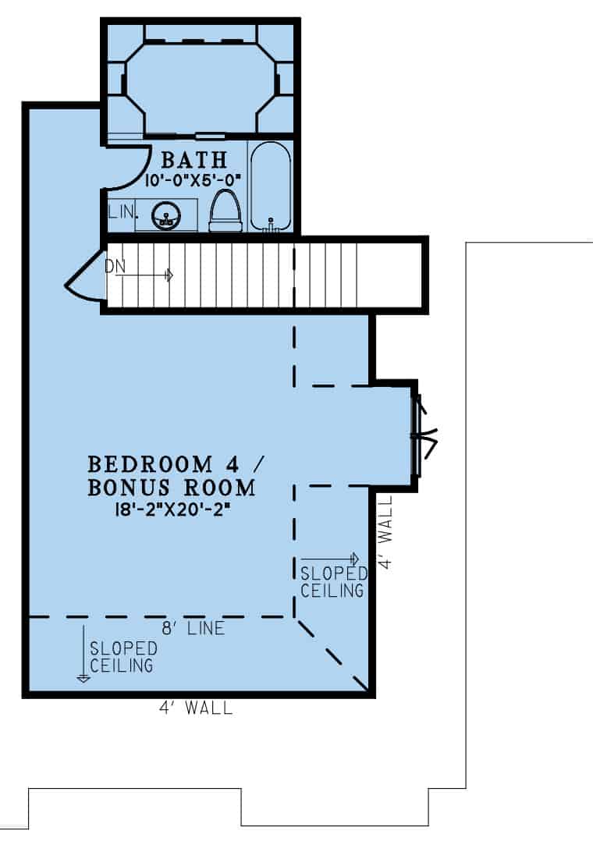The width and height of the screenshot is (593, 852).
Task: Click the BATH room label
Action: pyautogui.click(x=194, y=161)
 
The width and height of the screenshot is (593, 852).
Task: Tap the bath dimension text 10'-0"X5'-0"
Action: pyautogui.click(x=194, y=179)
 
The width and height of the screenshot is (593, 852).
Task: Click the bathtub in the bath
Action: pyautogui.click(x=271, y=187)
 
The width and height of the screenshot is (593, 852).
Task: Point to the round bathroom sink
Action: pyautogui.click(x=165, y=215)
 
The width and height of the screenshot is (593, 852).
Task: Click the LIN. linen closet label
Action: pyautogui.click(x=122, y=211)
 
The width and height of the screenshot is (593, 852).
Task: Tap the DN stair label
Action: pyautogui.click(x=114, y=266)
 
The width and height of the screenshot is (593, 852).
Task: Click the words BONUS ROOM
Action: pyautogui.click(x=171, y=489)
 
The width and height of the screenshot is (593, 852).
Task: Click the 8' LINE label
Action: pyautogui.click(x=194, y=628)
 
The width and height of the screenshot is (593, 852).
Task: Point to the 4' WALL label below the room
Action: pyautogui.click(x=194, y=708)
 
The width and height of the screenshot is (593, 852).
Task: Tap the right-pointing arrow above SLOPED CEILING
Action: pyautogui.click(x=330, y=559)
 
